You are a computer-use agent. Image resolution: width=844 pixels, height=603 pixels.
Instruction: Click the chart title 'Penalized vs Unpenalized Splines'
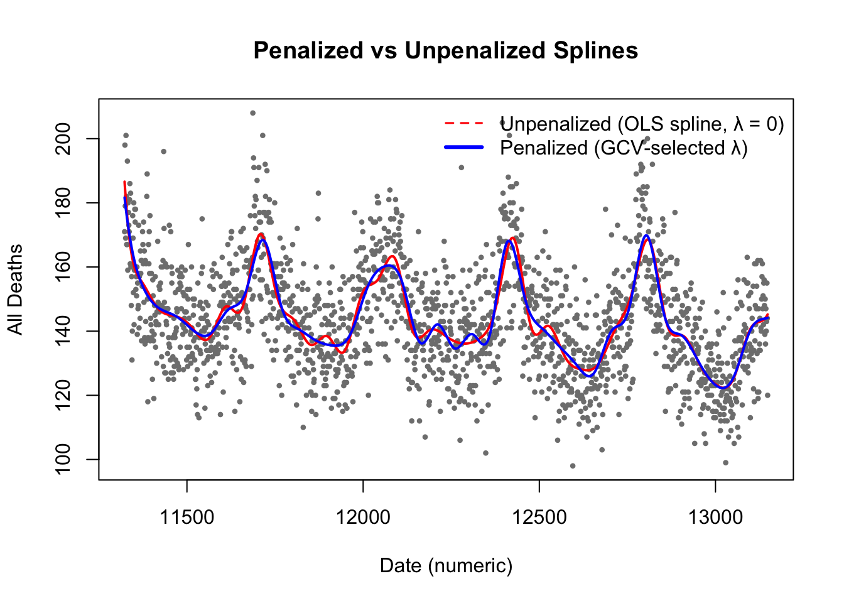(x=445, y=50)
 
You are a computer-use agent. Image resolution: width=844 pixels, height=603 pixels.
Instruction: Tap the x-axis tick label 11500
(x=187, y=518)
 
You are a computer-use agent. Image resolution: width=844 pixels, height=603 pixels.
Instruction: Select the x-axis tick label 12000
(x=363, y=518)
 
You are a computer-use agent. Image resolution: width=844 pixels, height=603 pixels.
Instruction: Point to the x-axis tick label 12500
(x=539, y=518)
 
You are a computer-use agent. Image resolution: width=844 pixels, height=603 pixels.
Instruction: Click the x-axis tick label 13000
(x=715, y=518)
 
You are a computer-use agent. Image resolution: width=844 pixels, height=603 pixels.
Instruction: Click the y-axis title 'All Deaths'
(x=15, y=289)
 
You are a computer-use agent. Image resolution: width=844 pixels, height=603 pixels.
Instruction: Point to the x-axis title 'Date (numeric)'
(x=446, y=566)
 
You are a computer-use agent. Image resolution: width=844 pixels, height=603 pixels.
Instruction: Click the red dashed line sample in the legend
(x=465, y=123)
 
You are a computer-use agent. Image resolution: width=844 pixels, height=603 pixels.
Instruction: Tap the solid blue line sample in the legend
(x=465, y=147)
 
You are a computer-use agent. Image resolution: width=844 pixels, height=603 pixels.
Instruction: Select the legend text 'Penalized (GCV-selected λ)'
(x=624, y=148)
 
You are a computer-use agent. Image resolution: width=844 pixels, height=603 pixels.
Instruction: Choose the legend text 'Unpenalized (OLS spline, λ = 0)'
(x=642, y=124)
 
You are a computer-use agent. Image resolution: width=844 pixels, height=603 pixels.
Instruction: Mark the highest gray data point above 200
(x=252, y=113)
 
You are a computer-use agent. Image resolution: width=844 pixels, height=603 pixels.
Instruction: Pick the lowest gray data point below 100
(x=572, y=465)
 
